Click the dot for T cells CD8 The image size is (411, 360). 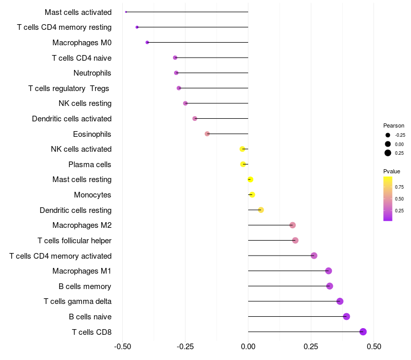click(x=363, y=332)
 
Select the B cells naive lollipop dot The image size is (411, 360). click(x=346, y=316)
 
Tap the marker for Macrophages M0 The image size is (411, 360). click(x=147, y=42)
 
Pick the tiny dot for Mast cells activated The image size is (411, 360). click(x=126, y=12)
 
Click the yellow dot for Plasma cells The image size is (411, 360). click(x=243, y=165)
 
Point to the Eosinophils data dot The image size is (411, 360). click(x=207, y=134)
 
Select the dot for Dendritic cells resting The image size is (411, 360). click(x=261, y=210)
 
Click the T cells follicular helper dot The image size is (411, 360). click(x=295, y=240)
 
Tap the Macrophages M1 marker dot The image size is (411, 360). click(x=329, y=271)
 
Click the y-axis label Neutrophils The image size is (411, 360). click(x=92, y=73)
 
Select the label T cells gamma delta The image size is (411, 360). click(x=78, y=301)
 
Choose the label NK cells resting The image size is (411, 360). click(x=85, y=103)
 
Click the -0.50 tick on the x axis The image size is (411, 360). click(x=122, y=346)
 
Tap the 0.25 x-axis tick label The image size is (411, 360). click(x=311, y=346)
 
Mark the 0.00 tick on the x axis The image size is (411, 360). click(x=248, y=346)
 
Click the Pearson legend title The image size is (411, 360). click(x=394, y=125)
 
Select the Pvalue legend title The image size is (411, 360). click(x=391, y=171)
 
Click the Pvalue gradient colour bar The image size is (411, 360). click(x=388, y=199)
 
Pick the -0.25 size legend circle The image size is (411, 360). click(x=388, y=135)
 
